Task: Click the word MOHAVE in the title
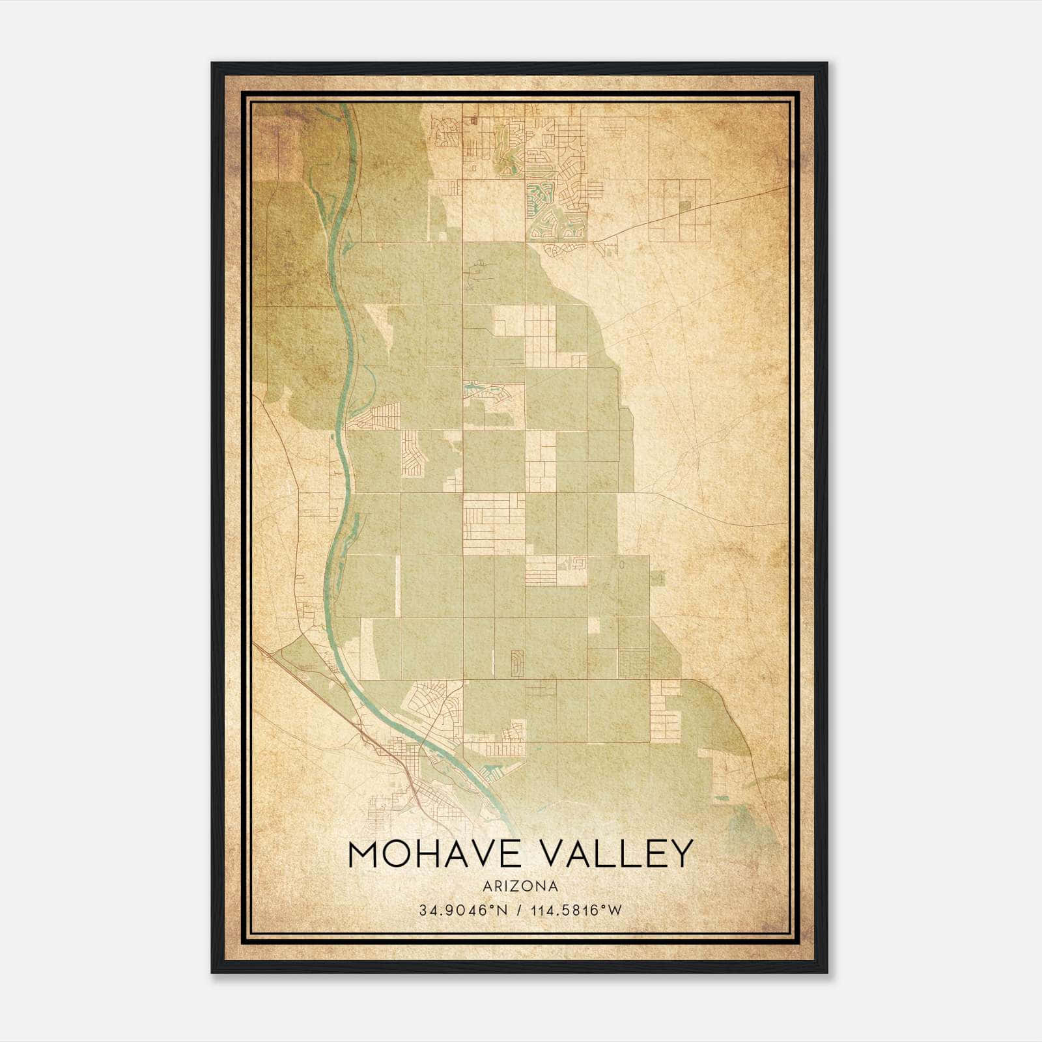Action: pos(428,854)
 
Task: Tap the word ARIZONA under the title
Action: pos(520,886)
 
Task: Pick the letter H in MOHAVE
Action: pos(427,854)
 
